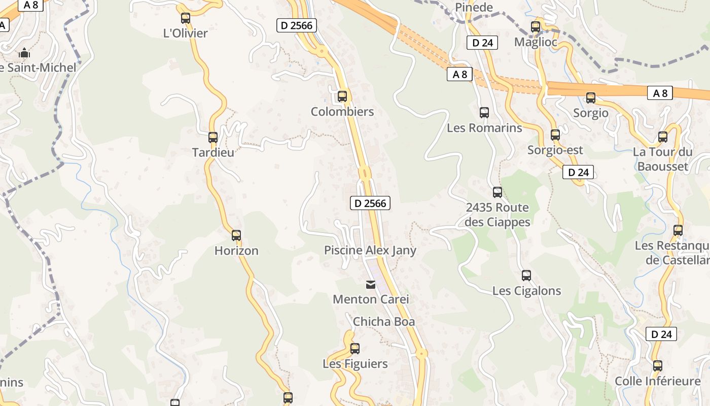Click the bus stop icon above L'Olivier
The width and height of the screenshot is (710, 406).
click(186, 18)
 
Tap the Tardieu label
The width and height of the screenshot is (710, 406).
click(213, 152)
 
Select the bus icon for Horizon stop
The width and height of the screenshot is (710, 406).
click(236, 235)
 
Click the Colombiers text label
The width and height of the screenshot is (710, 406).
click(342, 112)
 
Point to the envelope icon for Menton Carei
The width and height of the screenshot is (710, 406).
click(371, 285)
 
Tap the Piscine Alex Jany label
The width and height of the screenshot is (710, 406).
click(370, 250)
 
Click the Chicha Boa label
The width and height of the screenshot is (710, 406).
click(384, 321)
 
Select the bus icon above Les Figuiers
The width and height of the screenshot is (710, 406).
click(355, 349)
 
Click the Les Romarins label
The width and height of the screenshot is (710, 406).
click(484, 128)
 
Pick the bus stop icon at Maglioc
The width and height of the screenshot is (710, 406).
click(536, 27)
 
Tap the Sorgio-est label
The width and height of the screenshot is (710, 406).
click(555, 150)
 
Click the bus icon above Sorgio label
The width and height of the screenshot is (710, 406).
click(591, 98)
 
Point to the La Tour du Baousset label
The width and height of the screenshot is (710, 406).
click(663, 159)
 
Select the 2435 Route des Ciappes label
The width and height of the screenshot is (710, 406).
click(498, 215)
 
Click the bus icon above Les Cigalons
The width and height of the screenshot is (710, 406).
click(526, 276)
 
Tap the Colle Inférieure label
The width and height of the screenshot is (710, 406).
click(658, 381)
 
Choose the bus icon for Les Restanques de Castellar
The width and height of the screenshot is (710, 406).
click(678, 230)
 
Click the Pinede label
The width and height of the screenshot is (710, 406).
click(474, 7)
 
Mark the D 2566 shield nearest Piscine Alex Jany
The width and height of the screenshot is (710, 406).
click(370, 204)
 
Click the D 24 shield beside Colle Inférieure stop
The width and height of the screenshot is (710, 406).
click(662, 334)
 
